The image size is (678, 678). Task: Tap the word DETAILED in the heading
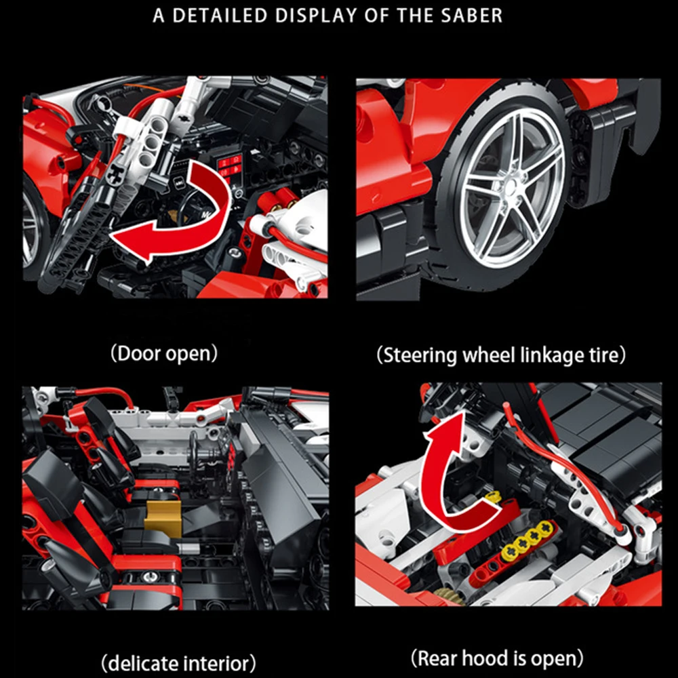(x=220, y=16)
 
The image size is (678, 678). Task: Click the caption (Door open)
(x=164, y=353)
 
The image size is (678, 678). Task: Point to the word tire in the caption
(x=607, y=355)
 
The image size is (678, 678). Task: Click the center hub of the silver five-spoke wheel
(x=511, y=187)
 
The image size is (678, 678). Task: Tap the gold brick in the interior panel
(x=163, y=519)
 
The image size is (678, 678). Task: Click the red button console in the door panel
(x=229, y=167)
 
